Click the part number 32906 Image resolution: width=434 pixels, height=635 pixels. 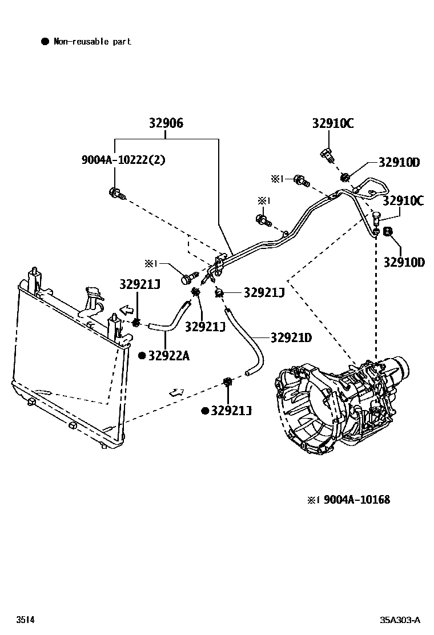click(x=166, y=123)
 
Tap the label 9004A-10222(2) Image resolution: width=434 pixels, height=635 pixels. click(x=123, y=160)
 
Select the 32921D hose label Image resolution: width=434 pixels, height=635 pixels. click(x=291, y=338)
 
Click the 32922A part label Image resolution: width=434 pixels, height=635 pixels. click(x=168, y=356)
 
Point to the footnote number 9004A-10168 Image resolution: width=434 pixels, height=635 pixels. click(x=357, y=500)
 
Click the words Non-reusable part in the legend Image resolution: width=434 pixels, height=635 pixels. click(x=93, y=41)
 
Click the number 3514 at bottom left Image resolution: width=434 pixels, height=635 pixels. click(x=25, y=620)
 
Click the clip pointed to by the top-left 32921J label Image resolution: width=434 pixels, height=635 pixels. click(x=136, y=324)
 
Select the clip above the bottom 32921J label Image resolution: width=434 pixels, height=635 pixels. click(x=227, y=383)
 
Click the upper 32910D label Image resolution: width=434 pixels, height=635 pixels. click(x=399, y=163)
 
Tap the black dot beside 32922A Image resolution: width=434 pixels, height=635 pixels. click(x=141, y=356)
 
